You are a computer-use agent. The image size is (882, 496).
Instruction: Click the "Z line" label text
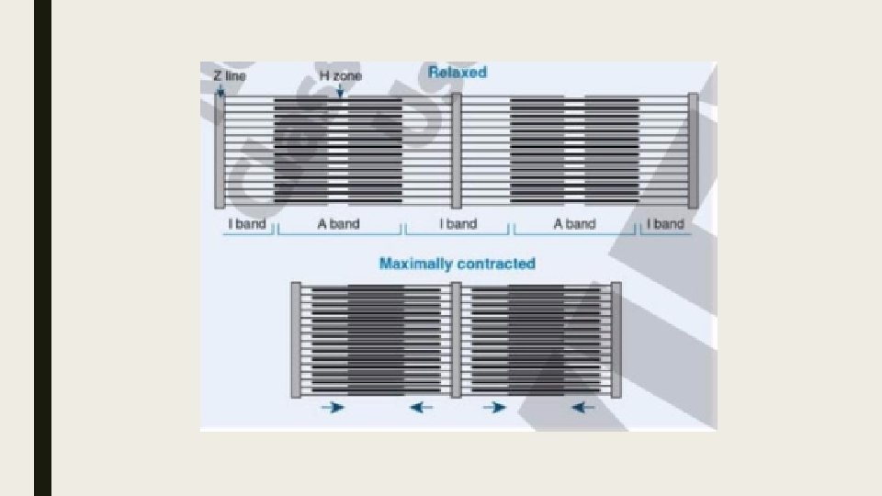pyautogui.click(x=230, y=76)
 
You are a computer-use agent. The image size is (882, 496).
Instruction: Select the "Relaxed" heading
pyautogui.click(x=457, y=72)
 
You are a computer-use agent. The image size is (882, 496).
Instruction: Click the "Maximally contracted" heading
pyautogui.click(x=457, y=264)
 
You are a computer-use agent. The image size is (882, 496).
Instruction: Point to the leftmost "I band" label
pyautogui.click(x=246, y=224)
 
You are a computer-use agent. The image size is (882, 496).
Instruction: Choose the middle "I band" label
pyautogui.click(x=458, y=224)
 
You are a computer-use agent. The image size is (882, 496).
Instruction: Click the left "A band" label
pyautogui.click(x=339, y=224)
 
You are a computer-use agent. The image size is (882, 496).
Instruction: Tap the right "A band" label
pyautogui.click(x=574, y=224)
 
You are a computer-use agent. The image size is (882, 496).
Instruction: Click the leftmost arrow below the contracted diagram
pyautogui.click(x=332, y=407)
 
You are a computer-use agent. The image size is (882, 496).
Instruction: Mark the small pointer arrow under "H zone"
pyautogui.click(x=339, y=90)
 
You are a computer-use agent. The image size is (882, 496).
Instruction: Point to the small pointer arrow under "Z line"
pyautogui.click(x=220, y=89)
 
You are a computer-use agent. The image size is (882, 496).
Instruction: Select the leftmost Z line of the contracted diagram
pyautogui.click(x=296, y=340)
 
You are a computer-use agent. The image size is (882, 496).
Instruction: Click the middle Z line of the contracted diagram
pyautogui.click(x=457, y=340)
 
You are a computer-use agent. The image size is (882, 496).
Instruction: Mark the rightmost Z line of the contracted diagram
pyautogui.click(x=616, y=340)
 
